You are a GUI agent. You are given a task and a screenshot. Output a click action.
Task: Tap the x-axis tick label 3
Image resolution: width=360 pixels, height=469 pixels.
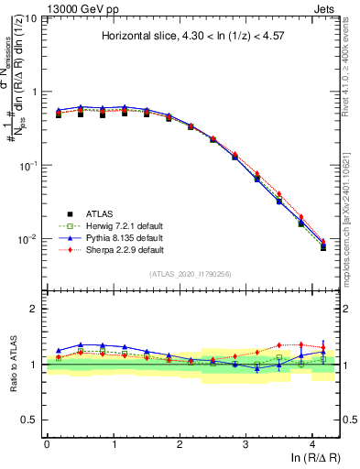246,444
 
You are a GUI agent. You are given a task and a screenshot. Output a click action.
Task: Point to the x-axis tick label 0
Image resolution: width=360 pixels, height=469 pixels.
47,444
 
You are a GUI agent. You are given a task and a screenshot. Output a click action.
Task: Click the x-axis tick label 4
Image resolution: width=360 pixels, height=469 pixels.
312,444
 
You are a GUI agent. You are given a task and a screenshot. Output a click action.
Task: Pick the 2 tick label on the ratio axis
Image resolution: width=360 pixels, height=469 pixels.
35,309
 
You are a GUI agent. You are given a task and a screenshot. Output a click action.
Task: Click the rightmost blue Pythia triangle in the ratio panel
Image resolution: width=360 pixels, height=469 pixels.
322,352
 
